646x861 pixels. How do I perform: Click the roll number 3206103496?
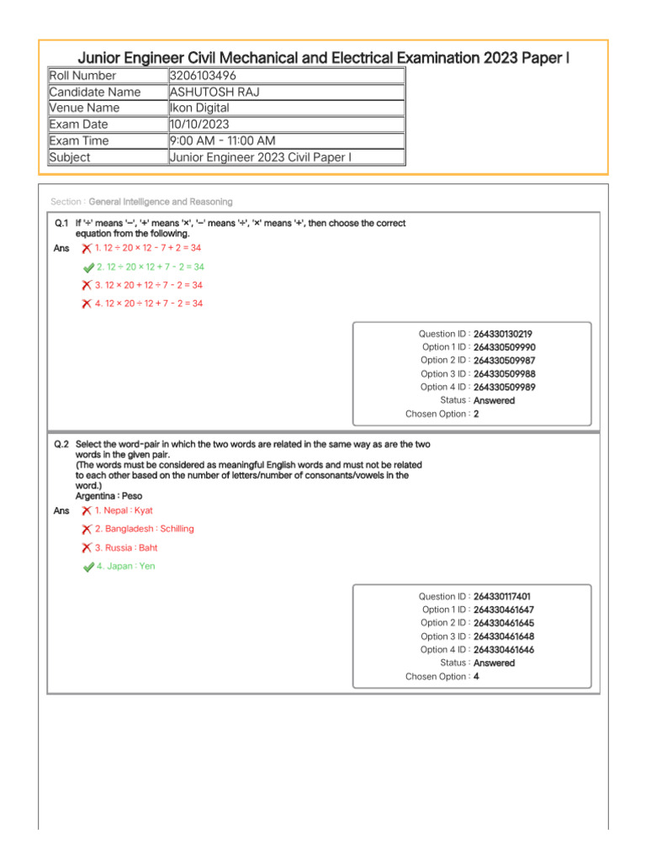tap(202, 76)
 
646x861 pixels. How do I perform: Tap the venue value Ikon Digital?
tap(199, 108)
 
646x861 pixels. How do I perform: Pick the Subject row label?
tap(70, 157)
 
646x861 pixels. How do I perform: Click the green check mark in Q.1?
tap(88, 267)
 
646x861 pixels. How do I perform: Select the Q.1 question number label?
tap(61, 224)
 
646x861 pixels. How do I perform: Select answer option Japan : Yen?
tap(125, 567)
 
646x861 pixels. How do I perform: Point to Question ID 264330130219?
tap(502, 334)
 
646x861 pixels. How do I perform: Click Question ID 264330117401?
tap(502, 596)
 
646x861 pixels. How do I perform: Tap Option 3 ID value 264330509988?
tap(504, 374)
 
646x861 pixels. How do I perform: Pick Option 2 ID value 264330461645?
tap(504, 623)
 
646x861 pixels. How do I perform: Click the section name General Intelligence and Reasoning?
tap(161, 202)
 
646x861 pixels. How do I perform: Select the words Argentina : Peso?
tap(109, 496)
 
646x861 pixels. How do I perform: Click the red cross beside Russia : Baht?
tap(87, 548)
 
